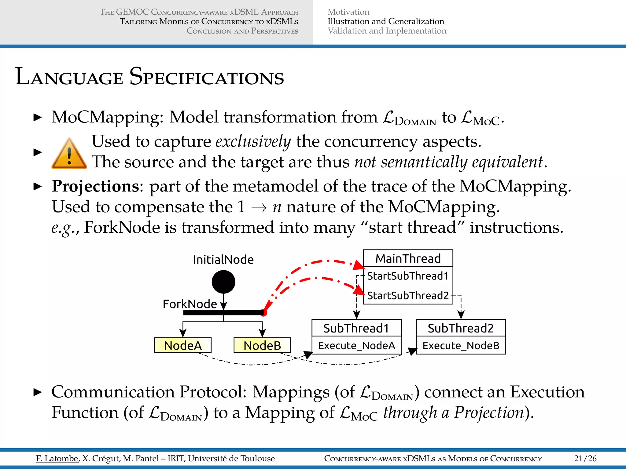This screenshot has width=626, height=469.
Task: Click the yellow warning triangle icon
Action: pyautogui.click(x=69, y=155)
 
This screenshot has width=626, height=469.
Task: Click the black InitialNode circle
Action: pyautogui.click(x=223, y=282)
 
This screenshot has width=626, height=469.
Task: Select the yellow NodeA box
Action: pyautogui.click(x=183, y=345)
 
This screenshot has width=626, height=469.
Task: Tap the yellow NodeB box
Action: pyautogui.click(x=262, y=345)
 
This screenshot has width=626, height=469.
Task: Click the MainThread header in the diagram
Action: pyautogui.click(x=408, y=259)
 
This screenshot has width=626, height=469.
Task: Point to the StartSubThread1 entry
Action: pyautogui.click(x=408, y=276)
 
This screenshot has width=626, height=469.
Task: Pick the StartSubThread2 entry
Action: pyautogui.click(x=408, y=296)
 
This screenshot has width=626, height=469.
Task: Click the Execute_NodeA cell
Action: pyautogui.click(x=356, y=346)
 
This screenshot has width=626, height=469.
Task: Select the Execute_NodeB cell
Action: pyautogui.click(x=461, y=346)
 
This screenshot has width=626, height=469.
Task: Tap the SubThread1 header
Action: pyautogui.click(x=356, y=328)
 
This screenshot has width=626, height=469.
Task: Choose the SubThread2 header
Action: pyautogui.click(x=461, y=328)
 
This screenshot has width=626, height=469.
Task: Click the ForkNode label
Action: pyautogui.click(x=190, y=304)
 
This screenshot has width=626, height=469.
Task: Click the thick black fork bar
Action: pyautogui.click(x=223, y=313)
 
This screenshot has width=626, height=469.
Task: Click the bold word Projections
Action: pyautogui.click(x=95, y=186)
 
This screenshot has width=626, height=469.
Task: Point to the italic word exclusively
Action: pyautogui.click(x=253, y=142)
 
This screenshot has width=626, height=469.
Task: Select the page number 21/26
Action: pyautogui.click(x=585, y=458)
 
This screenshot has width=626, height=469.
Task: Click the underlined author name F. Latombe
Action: pyautogui.click(x=57, y=458)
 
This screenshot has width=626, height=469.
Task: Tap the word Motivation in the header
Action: pyautogui.click(x=348, y=12)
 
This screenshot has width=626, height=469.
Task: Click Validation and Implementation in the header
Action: pyautogui.click(x=387, y=31)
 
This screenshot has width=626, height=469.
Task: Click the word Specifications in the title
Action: pyautogui.click(x=207, y=77)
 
